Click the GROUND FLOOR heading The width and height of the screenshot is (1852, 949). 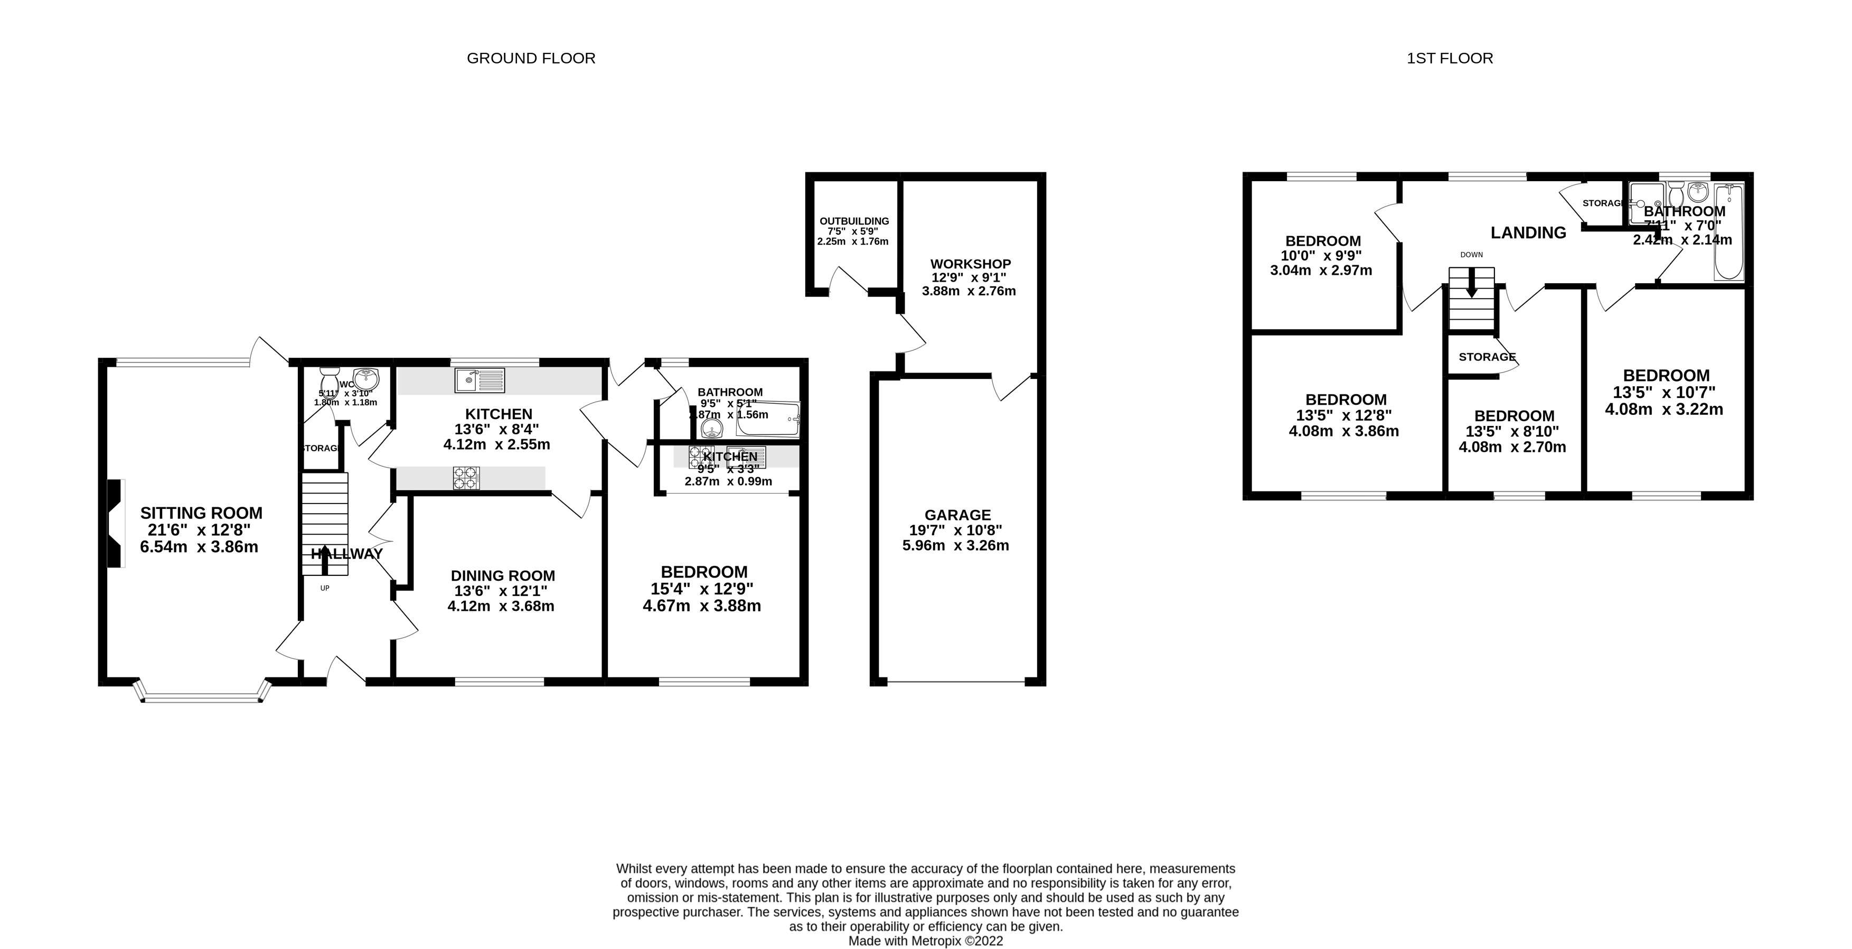coord(531,58)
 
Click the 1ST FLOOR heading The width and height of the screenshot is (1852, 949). coord(1450,58)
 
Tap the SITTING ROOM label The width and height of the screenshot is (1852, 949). coord(201,513)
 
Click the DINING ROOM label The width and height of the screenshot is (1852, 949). coord(503,575)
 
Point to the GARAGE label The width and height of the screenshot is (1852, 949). coord(957,515)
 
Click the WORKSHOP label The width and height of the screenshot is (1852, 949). coord(970,264)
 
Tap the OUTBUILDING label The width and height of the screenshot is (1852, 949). coord(854,221)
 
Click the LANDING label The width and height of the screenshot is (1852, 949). coord(1528,232)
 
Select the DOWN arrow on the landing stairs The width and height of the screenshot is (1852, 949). coord(1471,283)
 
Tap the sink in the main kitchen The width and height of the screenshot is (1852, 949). coord(480,380)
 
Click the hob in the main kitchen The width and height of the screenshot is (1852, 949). coord(466,478)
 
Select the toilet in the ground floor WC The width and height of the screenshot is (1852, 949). coord(330,378)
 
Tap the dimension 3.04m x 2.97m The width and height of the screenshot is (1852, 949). coord(1321,271)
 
